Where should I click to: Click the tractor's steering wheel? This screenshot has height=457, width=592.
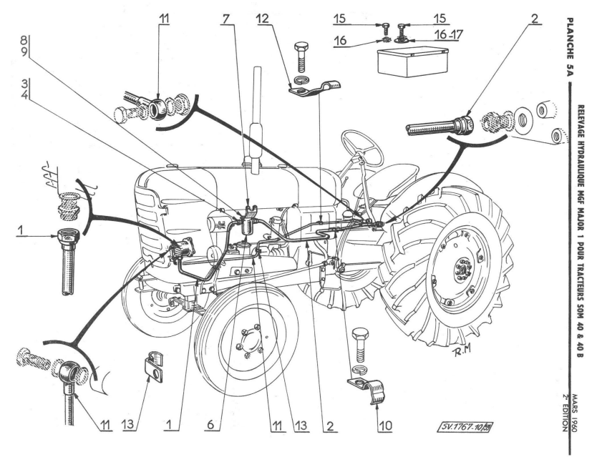click(x=361, y=147)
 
